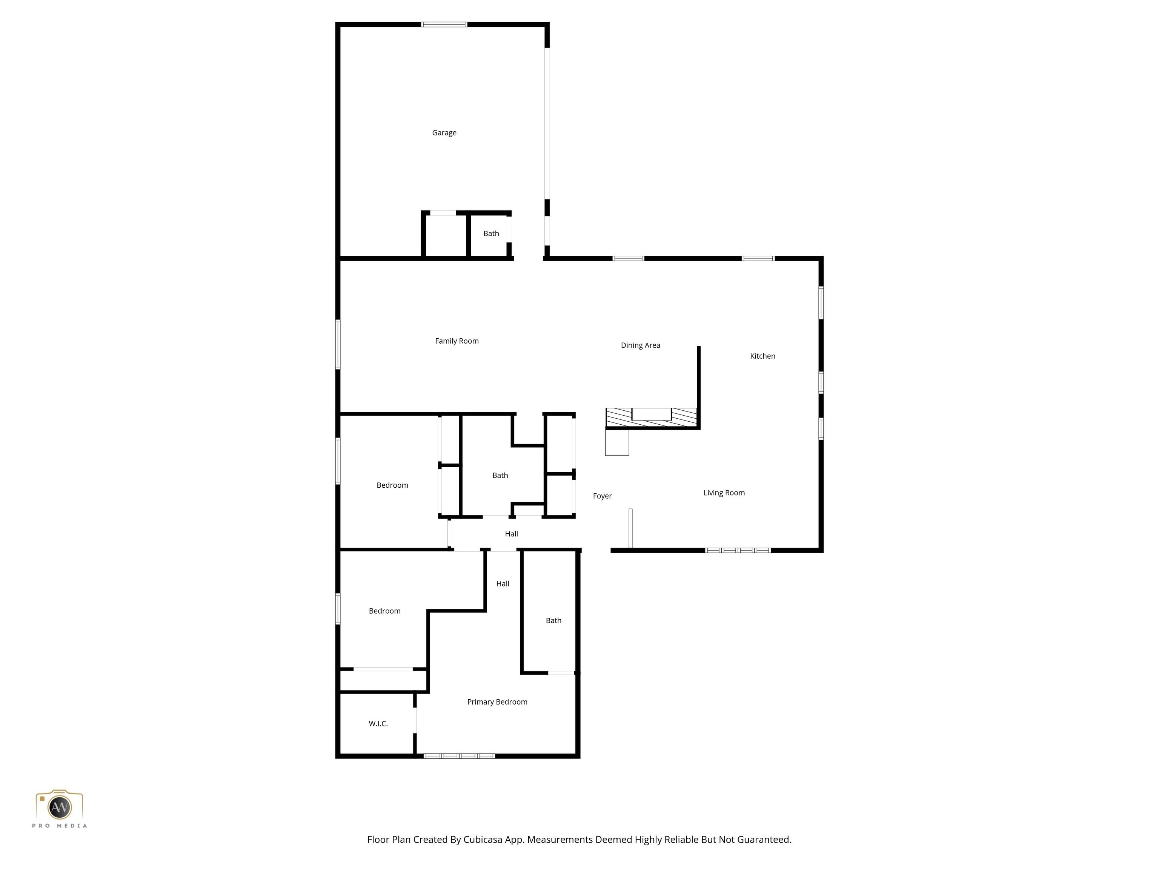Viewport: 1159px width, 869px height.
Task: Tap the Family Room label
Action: tap(457, 341)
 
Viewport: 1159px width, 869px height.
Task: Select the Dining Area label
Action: tap(640, 345)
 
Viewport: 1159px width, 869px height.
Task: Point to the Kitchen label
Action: tap(762, 356)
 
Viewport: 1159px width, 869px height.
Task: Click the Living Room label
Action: tap(724, 493)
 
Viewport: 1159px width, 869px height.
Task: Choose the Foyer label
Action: tap(602, 496)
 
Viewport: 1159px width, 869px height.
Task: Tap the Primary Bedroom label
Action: tap(497, 702)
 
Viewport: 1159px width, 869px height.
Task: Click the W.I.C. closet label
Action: tap(378, 724)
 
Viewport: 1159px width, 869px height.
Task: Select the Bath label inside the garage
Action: tap(491, 233)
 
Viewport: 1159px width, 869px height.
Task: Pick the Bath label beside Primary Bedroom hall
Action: tap(553, 621)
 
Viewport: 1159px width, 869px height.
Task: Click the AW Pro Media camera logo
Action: tap(59, 807)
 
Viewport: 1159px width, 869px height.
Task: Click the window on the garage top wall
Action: tap(444, 25)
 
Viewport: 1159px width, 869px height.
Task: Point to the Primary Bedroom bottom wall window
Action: tap(459, 756)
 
